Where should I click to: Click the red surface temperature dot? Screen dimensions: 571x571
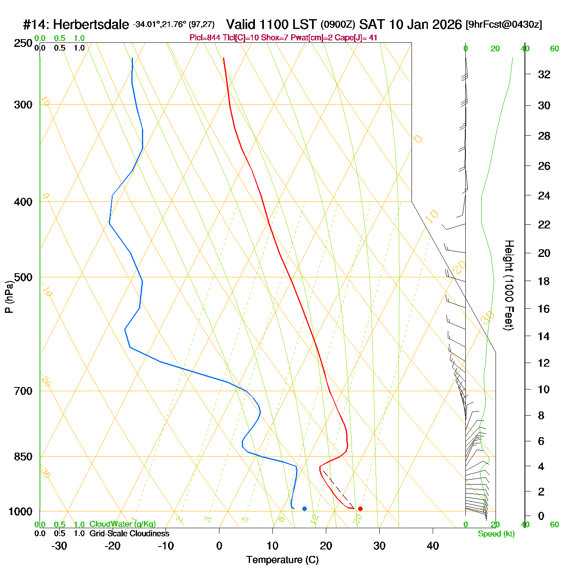[360, 509]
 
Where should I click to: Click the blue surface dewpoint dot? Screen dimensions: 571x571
[304, 509]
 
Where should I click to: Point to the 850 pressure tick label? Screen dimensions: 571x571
[23, 457]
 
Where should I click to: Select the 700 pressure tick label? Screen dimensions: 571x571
[23, 391]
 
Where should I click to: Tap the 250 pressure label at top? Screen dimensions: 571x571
[23, 43]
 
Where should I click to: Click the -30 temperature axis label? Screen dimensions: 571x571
[59, 546]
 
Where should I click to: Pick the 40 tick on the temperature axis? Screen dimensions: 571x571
[433, 546]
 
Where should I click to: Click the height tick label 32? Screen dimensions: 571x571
[544, 74]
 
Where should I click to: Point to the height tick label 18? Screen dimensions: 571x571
[544, 281]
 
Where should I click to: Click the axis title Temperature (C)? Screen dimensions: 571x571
[282, 560]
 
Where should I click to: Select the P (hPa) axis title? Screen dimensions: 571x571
[9, 297]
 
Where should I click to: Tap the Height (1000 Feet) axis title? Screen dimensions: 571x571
[509, 285]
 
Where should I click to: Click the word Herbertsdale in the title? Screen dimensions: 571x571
[91, 25]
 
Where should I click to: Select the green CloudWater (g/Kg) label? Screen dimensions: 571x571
[122, 524]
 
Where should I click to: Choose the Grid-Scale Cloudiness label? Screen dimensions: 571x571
[129, 533]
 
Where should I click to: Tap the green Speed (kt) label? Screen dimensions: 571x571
[496, 534]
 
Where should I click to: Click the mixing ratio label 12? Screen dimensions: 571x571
[314, 519]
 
